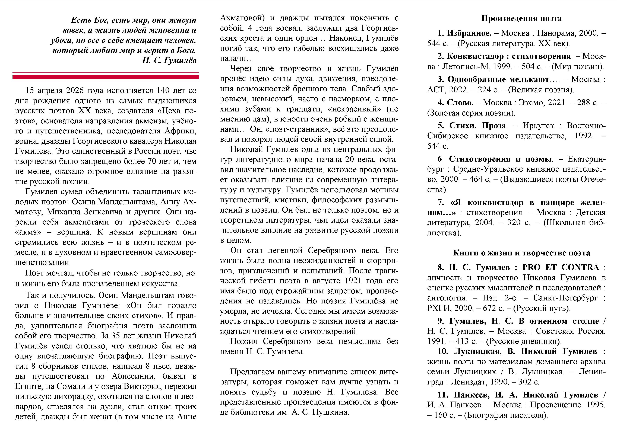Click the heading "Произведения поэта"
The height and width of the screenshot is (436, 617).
(521, 18)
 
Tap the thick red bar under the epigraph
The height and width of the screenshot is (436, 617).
(105, 77)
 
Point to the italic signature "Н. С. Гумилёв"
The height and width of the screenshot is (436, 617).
(169, 60)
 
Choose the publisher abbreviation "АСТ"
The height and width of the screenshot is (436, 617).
(436, 90)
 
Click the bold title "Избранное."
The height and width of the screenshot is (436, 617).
(469, 33)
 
